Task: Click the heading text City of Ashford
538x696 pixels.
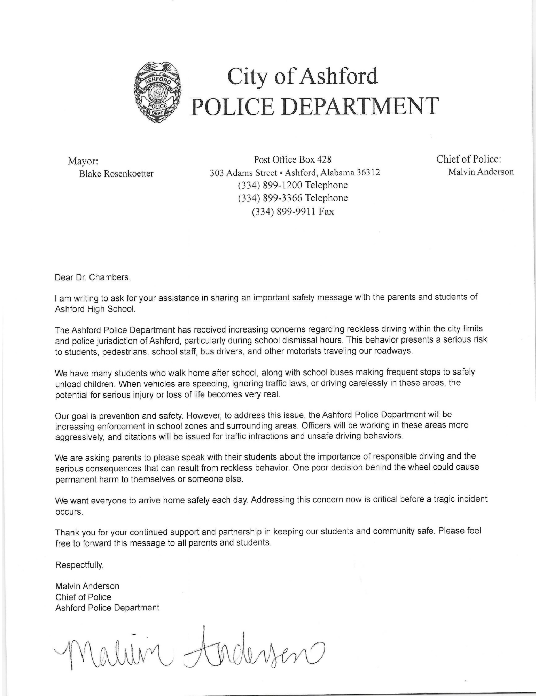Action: click(x=302, y=77)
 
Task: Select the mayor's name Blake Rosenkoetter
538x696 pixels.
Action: click(x=116, y=174)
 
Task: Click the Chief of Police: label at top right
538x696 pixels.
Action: click(x=469, y=159)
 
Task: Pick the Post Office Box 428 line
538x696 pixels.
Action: click(x=292, y=159)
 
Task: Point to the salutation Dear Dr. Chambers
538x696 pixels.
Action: click(x=93, y=277)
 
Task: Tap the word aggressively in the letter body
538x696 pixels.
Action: click(x=79, y=437)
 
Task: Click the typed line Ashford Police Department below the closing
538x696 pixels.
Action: click(x=107, y=608)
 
